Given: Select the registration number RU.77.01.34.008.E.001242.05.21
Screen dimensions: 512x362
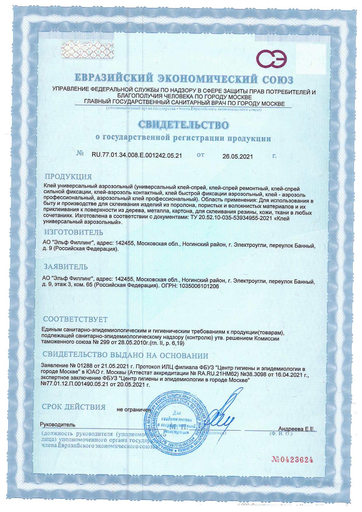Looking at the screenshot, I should [137, 156].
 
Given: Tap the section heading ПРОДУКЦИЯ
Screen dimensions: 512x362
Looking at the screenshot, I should [68, 177].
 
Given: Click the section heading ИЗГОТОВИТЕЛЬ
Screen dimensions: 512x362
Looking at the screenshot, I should [73, 232].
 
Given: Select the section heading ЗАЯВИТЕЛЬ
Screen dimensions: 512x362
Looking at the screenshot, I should [66, 267].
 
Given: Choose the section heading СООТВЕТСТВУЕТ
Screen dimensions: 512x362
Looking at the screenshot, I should [75, 319].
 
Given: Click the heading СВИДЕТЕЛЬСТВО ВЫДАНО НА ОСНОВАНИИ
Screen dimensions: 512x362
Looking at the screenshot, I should [126, 356].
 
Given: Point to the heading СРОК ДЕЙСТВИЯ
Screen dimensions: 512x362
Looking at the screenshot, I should [74, 407].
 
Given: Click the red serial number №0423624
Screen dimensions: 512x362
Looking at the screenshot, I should [292, 460].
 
